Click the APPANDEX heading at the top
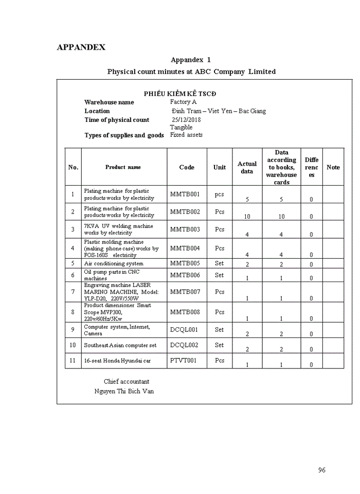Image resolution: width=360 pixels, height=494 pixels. tap(81, 47)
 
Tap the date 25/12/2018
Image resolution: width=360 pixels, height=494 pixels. tap(186, 120)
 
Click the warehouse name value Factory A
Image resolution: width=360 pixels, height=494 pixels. tap(183, 102)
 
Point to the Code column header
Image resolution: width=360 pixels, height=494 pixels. tap(187, 167)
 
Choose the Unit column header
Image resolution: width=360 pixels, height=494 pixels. tap(220, 167)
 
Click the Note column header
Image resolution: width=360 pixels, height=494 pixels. tap(333, 167)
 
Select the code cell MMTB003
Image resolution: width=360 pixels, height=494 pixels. tap(185, 229)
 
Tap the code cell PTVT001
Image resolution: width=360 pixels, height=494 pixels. tap(184, 361)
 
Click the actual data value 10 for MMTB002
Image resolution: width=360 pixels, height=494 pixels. tap(247, 217)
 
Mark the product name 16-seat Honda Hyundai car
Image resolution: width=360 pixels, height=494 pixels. tap(117, 361)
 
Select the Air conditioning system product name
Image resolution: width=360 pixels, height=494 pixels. tap(114, 263)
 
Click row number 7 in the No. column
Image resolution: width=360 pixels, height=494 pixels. tap(73, 292)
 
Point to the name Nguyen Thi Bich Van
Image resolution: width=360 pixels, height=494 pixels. tap(124, 391)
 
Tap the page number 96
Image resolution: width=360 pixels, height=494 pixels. tap(322, 470)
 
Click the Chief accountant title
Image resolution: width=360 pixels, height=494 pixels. tap(127, 381)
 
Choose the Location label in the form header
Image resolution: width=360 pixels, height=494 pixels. tap(97, 111)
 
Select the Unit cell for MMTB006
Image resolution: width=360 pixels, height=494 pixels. tap(220, 275)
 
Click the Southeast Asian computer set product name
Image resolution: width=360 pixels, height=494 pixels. tap(120, 345)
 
